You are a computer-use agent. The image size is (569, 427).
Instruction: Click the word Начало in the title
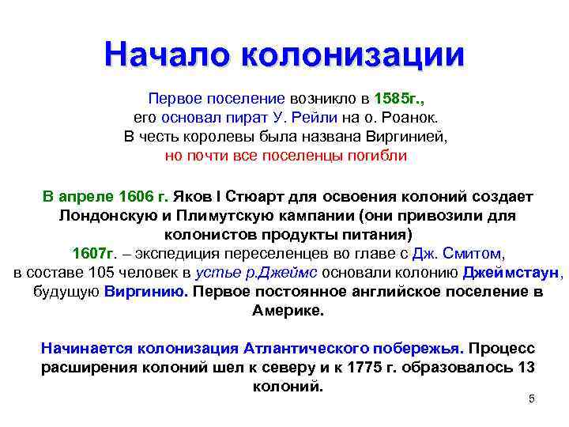(x=163, y=55)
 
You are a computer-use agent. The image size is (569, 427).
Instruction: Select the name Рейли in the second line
(x=317, y=118)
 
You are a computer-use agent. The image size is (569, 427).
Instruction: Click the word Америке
(x=288, y=311)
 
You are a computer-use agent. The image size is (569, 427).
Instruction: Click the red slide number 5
(x=532, y=399)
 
